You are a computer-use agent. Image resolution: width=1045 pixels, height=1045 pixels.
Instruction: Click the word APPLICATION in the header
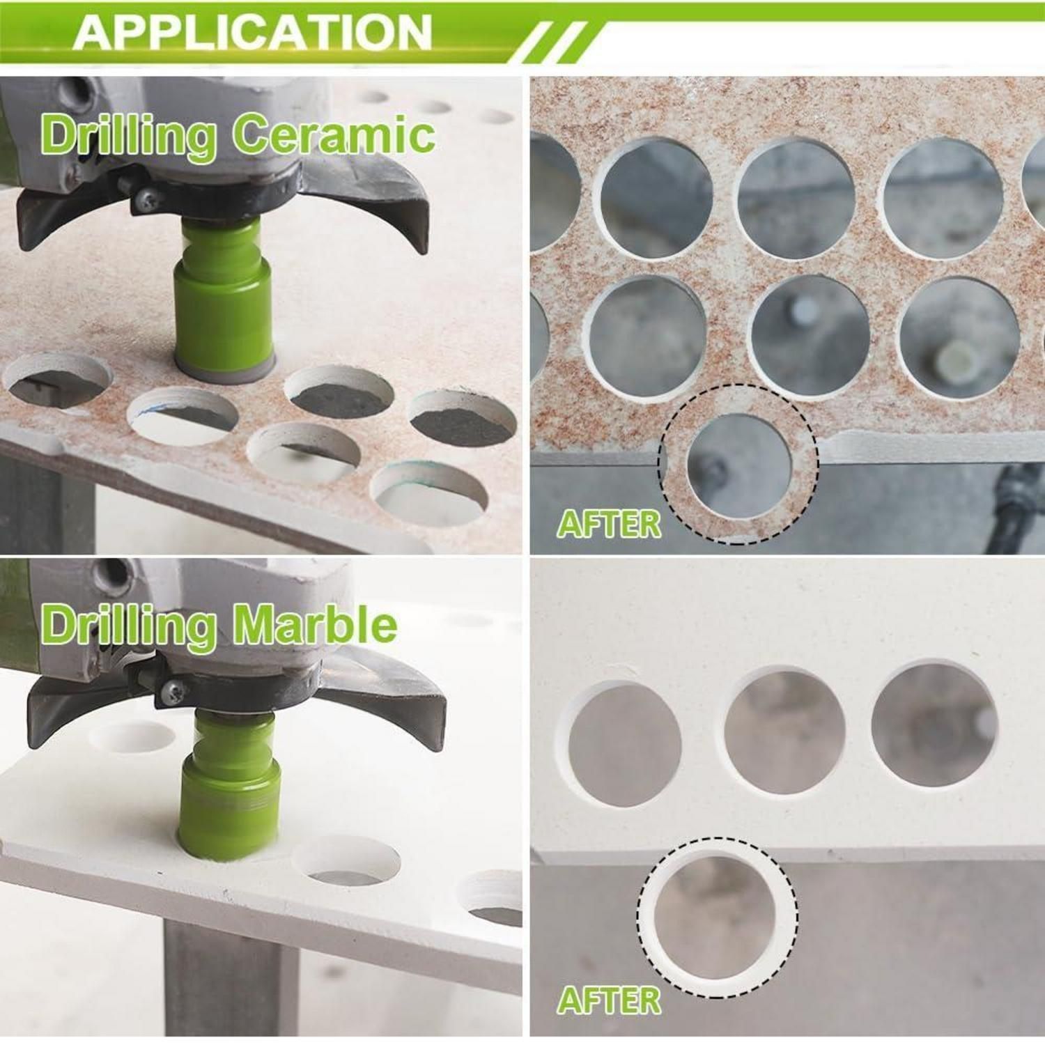point(252,31)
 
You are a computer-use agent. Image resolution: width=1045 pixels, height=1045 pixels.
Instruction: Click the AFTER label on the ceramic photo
point(608,524)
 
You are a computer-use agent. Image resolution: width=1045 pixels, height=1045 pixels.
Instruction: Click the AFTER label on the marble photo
point(608,1000)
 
